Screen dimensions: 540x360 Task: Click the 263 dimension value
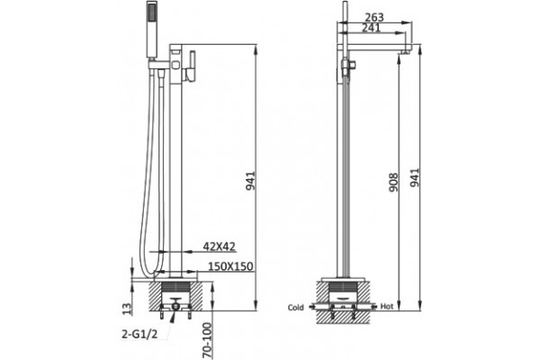click(x=374, y=17)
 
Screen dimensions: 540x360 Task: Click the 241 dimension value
click(x=371, y=28)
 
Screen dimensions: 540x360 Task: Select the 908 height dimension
click(x=393, y=183)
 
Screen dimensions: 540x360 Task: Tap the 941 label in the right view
click(x=415, y=177)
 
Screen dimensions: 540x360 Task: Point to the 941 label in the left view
click(x=250, y=181)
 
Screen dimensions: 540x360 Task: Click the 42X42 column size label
click(x=219, y=247)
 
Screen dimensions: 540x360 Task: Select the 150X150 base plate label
click(x=230, y=266)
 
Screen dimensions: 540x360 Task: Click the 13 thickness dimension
click(x=127, y=309)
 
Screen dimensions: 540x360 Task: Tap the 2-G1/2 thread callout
click(x=139, y=334)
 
